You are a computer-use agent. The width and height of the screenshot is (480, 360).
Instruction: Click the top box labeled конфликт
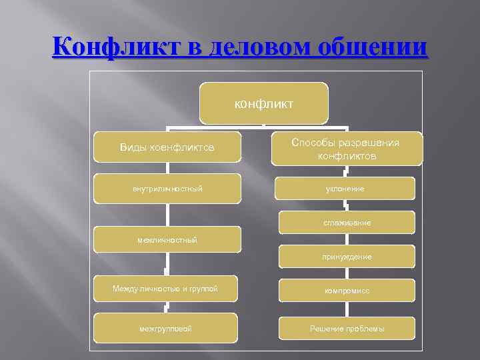(x=263, y=103)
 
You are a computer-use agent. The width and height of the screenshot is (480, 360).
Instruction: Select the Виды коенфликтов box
(x=167, y=147)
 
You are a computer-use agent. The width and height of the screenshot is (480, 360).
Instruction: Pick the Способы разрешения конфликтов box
(x=347, y=149)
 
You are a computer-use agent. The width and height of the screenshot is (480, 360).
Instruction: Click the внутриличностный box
(x=167, y=189)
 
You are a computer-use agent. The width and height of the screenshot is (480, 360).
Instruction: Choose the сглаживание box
(x=346, y=223)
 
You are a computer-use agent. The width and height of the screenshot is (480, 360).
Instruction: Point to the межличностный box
(x=167, y=239)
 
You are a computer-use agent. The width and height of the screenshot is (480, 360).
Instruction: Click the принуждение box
(x=346, y=256)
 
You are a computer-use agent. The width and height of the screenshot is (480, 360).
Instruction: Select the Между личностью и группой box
(x=165, y=289)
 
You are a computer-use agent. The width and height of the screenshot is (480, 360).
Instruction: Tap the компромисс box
(x=346, y=291)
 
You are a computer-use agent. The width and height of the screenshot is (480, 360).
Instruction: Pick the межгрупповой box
(x=165, y=328)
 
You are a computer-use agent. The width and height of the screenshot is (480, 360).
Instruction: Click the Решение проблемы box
(x=346, y=328)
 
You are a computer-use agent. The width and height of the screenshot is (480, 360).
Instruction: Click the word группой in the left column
(x=203, y=289)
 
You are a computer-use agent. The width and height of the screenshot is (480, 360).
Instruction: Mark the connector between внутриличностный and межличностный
(x=167, y=215)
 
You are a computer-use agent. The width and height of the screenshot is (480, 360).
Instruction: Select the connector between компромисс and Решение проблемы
(x=346, y=309)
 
